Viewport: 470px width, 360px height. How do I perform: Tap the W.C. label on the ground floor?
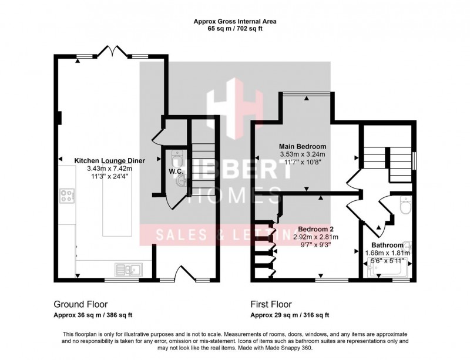coord(176,172)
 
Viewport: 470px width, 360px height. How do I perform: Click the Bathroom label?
coord(387,245)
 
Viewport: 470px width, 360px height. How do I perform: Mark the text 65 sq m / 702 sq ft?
coord(235,29)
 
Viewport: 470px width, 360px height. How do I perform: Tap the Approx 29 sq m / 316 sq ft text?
coord(290,315)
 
